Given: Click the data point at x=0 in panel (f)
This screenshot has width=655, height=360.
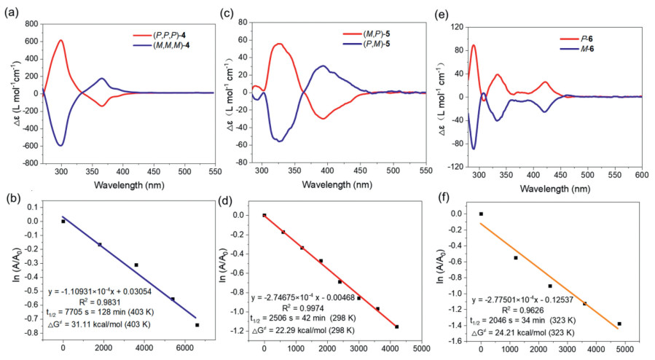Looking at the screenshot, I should (x=481, y=214).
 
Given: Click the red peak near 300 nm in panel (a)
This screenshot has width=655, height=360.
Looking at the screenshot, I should (x=61, y=41).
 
